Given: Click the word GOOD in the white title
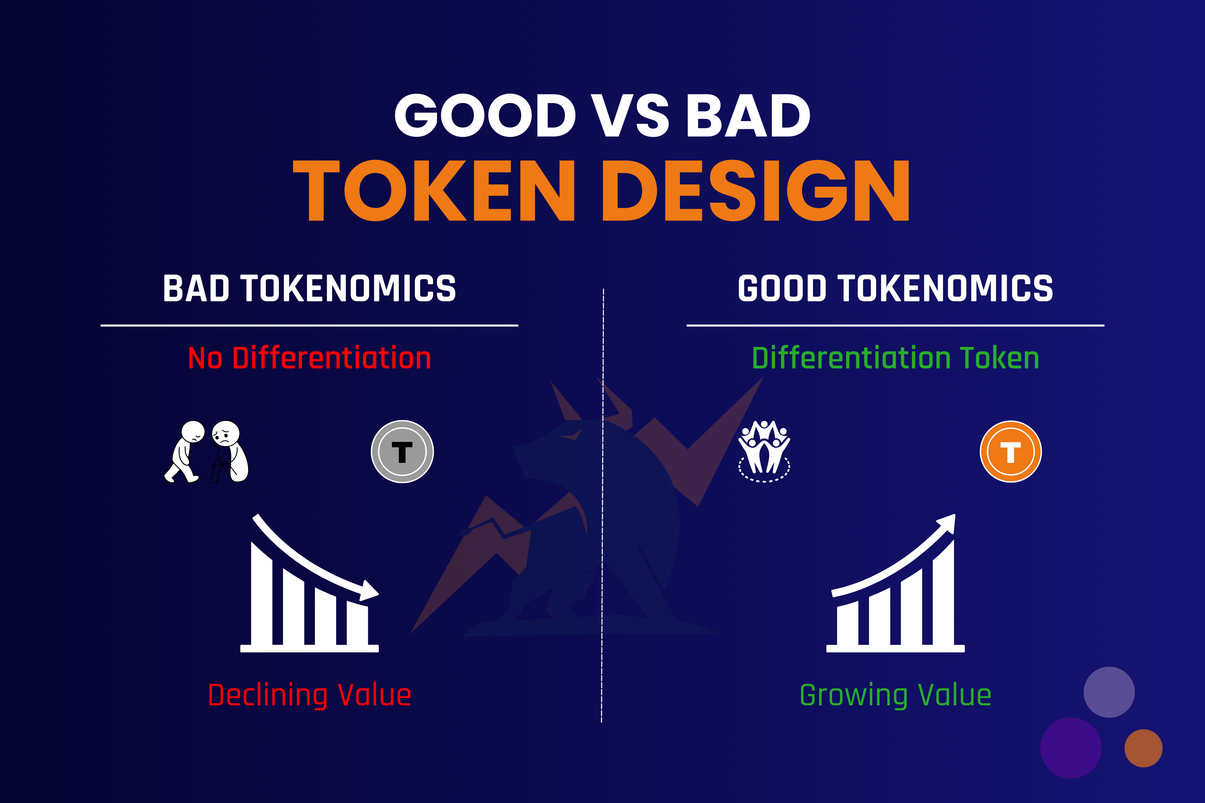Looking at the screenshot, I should pyautogui.click(x=485, y=116).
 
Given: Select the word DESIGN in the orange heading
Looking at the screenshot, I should pyautogui.click(x=756, y=190).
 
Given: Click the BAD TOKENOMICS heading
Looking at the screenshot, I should pyautogui.click(x=309, y=288).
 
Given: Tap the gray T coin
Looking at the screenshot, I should pyautogui.click(x=402, y=452).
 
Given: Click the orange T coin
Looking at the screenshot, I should pyautogui.click(x=1010, y=452).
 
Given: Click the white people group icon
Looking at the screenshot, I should pyautogui.click(x=764, y=451).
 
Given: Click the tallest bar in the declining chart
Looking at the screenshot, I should pyautogui.click(x=261, y=594).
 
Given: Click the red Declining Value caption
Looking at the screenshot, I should pyautogui.click(x=309, y=695).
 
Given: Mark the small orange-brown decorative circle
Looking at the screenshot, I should pyautogui.click(x=1143, y=748).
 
